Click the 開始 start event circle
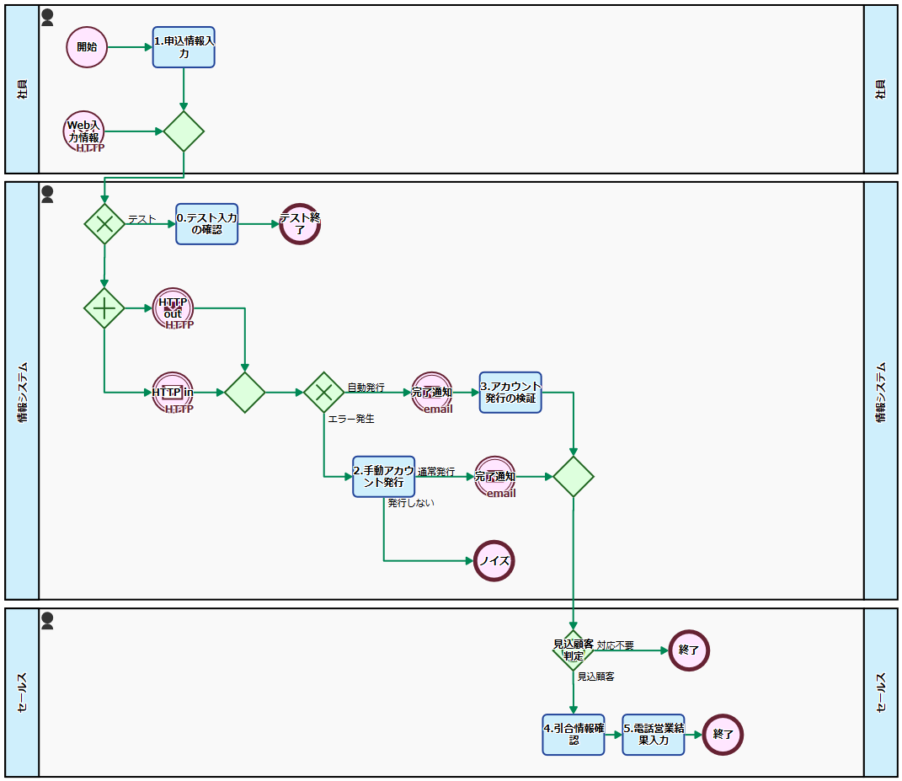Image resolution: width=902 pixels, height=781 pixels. [88, 47]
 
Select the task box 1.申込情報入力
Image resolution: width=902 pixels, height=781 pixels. [184, 47]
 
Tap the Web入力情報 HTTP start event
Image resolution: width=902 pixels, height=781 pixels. [84, 131]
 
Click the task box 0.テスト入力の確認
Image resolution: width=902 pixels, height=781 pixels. [206, 224]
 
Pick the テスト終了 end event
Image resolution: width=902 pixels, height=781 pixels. [301, 224]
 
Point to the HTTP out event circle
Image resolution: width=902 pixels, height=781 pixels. [173, 308]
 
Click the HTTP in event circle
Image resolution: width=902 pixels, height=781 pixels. [173, 393]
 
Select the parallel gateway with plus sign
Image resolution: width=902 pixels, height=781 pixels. [104, 308]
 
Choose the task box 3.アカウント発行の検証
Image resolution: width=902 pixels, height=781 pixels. [510, 393]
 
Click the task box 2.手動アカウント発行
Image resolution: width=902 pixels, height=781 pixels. [384, 477]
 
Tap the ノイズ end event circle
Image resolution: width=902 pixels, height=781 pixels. [494, 561]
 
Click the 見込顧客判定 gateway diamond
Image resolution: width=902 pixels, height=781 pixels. [574, 650]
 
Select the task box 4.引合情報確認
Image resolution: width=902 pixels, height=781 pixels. [574, 735]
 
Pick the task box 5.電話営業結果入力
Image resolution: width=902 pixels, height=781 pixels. [654, 735]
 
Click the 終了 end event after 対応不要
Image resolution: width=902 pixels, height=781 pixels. [689, 650]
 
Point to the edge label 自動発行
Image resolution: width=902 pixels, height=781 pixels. [366, 388]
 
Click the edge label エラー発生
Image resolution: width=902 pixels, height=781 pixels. [351, 418]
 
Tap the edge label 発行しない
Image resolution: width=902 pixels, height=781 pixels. [411, 503]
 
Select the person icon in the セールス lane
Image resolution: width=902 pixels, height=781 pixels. [47, 621]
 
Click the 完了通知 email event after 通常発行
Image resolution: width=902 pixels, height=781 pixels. [495, 477]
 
